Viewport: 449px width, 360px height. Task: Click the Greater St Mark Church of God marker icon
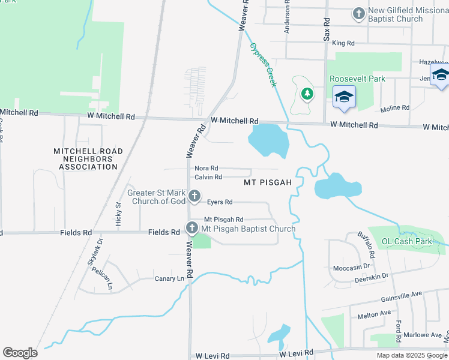pos(194,196)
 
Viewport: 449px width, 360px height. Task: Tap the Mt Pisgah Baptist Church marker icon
pos(191,228)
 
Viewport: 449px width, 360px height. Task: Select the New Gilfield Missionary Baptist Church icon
pos(358,14)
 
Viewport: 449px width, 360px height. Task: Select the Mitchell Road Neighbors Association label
pos(88,159)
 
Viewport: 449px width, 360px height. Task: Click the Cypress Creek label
pos(264,65)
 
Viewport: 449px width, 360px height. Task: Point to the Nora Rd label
pos(206,169)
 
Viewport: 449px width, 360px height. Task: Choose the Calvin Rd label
pos(208,177)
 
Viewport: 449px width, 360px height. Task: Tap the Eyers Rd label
pos(220,202)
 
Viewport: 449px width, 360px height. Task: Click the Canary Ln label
pos(169,278)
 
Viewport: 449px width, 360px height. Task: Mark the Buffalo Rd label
pos(366,244)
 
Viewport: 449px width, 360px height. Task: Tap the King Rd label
pos(343,43)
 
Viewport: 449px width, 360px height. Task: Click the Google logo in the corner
pos(20,353)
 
